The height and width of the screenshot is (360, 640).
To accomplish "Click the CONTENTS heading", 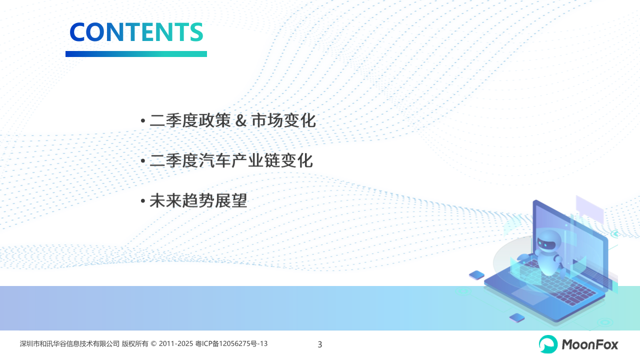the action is click(x=136, y=31).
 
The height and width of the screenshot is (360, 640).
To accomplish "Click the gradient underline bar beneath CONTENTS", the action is click(x=136, y=54).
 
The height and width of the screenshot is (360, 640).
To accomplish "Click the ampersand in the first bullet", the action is click(x=241, y=120).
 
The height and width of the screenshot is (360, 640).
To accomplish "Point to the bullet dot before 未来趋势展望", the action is click(x=143, y=201).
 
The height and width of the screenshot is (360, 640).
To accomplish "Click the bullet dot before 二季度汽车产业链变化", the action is click(x=143, y=161).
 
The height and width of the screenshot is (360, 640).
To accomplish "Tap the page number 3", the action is click(x=320, y=344).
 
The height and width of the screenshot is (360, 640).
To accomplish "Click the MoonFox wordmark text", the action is click(x=589, y=344).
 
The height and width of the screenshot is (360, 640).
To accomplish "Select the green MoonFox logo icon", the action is click(x=548, y=344).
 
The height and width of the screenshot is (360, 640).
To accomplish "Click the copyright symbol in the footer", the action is click(x=153, y=343).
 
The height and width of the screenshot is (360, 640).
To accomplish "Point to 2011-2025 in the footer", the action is click(x=176, y=343).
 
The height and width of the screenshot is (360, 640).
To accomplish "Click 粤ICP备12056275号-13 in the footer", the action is click(x=231, y=343).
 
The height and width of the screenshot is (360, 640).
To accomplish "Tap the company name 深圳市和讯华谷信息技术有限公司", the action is click(x=69, y=343).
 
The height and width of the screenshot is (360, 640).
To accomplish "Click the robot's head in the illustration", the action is click(x=547, y=242).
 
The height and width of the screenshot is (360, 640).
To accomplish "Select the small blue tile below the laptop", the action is click(x=517, y=317).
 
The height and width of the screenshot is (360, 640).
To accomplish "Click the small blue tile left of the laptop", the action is click(x=477, y=275).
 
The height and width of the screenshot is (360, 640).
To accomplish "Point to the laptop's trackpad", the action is click(x=529, y=295).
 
